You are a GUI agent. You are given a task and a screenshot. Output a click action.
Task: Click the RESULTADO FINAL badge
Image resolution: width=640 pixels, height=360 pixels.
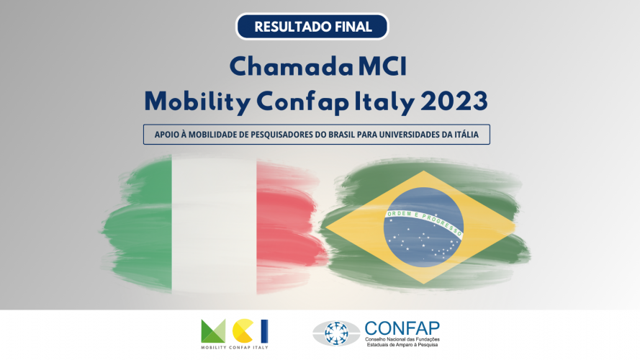312,27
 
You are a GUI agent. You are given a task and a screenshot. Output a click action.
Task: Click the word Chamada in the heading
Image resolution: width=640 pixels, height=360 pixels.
291,66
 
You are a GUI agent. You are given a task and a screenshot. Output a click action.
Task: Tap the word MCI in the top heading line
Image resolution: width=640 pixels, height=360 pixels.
382,66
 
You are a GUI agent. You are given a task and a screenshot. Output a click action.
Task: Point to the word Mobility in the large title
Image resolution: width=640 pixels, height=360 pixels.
197,102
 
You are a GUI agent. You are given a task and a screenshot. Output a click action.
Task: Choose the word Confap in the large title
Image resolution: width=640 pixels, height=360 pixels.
303,102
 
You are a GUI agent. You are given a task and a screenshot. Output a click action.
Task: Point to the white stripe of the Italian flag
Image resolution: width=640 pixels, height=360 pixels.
215,225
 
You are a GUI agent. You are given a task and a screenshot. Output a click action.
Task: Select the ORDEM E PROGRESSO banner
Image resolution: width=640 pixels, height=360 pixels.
425,222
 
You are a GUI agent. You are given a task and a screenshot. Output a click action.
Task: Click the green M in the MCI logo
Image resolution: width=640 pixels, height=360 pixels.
213,331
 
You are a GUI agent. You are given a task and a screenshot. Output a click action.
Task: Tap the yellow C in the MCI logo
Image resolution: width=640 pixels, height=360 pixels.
243,331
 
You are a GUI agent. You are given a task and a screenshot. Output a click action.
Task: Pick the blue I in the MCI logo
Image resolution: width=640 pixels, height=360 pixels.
264,331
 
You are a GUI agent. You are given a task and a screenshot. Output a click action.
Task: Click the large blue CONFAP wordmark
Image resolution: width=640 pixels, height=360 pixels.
402,328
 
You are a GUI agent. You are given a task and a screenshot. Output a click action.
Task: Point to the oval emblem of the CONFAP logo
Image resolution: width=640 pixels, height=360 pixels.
336,333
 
